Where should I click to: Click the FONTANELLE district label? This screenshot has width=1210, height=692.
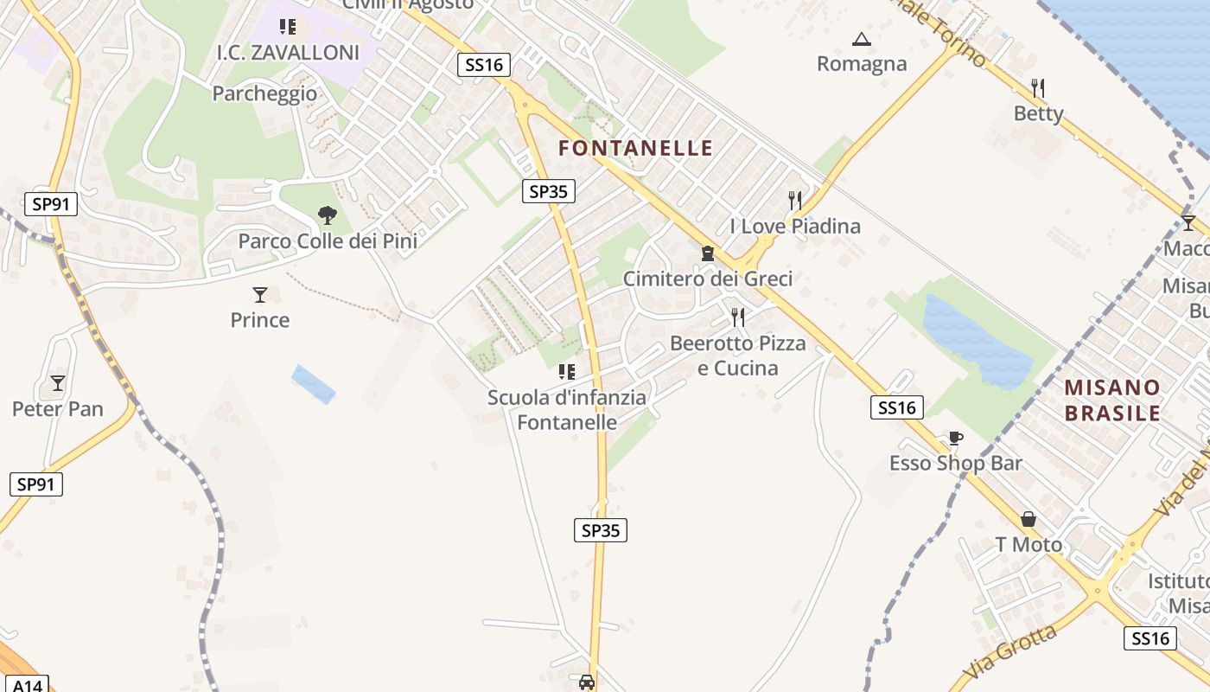635,148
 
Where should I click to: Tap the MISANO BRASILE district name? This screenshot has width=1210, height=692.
1112,400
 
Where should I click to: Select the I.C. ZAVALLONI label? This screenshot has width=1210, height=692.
288,53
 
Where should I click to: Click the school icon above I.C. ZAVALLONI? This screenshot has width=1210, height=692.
288,27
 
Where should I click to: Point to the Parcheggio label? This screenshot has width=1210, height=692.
264,93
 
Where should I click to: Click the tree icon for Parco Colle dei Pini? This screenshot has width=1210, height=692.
327,215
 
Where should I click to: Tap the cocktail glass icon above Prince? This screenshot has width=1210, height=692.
260,295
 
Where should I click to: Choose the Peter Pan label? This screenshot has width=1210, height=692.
58,408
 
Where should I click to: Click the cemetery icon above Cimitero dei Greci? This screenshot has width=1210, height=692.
708,253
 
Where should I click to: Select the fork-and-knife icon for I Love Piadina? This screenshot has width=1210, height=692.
795,201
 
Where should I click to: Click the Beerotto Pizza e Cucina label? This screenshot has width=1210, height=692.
737,356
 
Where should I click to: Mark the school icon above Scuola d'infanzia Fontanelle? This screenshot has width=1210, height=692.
567,372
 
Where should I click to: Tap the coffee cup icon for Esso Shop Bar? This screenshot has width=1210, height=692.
955,439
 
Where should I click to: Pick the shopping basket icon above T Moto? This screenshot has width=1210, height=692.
1028,519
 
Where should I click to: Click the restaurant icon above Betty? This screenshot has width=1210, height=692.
1038,87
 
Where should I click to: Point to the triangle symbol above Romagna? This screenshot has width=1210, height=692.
861,39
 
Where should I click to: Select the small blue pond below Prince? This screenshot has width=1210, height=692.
313,384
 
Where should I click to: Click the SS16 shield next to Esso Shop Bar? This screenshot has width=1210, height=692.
896,407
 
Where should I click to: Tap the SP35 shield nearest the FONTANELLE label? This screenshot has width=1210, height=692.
548,191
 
